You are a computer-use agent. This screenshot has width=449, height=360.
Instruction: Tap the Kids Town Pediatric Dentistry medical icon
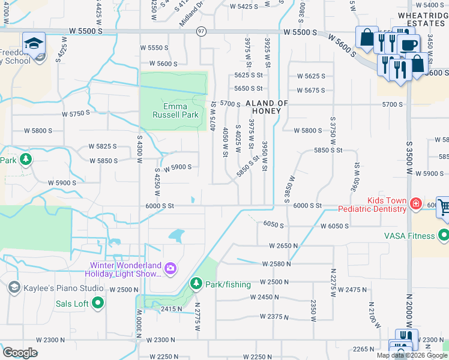[415, 204]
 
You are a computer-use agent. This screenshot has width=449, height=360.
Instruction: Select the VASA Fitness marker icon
[444, 235]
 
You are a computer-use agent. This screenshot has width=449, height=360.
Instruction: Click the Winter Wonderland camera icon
[170, 268]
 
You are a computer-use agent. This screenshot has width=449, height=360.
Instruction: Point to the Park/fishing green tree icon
[195, 283]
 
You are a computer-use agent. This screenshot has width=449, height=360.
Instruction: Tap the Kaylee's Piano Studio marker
[13, 288]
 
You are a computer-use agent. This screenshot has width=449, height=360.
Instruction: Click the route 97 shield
[201, 31]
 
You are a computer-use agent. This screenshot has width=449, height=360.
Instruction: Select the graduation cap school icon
[34, 43]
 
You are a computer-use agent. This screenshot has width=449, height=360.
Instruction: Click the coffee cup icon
[409, 44]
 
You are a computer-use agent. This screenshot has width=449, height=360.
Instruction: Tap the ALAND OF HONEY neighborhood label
[267, 107]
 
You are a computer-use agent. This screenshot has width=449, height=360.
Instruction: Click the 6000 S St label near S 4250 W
[159, 206]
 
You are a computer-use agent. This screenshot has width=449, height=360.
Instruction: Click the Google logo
[20, 352]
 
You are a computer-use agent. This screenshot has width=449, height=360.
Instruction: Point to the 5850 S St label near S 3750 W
[328, 151]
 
